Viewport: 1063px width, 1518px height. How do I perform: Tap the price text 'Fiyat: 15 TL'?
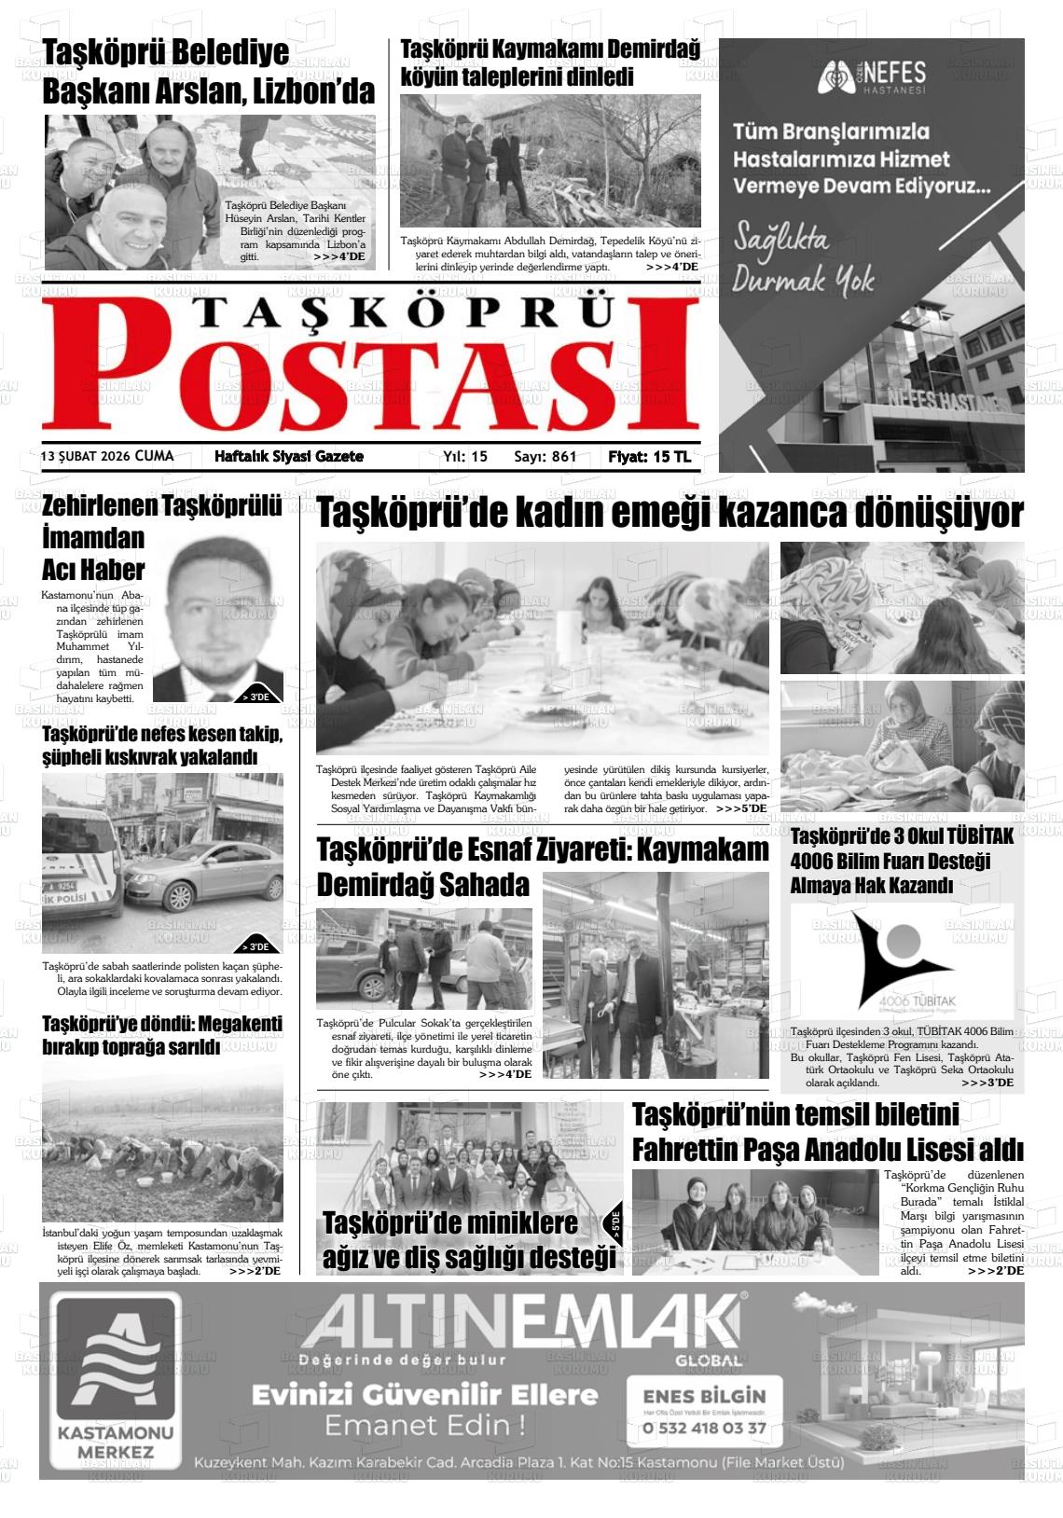click(649, 457)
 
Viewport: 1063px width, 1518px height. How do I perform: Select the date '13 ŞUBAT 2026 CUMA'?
click(107, 456)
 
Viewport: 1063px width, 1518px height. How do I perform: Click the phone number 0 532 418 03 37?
click(704, 1428)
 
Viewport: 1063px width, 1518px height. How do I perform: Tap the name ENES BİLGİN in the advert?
click(704, 1396)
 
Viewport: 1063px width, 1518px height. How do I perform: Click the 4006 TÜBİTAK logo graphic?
click(902, 960)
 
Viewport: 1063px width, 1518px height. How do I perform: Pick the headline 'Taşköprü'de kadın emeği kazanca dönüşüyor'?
click(670, 514)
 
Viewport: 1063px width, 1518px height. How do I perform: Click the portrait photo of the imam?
click(218, 619)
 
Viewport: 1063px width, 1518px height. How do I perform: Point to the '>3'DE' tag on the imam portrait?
click(255, 696)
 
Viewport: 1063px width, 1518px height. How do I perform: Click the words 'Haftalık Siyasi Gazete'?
click(289, 457)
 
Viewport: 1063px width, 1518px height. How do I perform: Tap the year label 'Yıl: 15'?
click(465, 457)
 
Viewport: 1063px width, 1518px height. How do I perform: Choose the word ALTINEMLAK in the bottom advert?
click(522, 1322)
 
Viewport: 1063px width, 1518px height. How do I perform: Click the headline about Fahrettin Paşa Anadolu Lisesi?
click(827, 1132)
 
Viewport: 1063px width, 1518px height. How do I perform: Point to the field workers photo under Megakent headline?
click(162, 1142)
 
